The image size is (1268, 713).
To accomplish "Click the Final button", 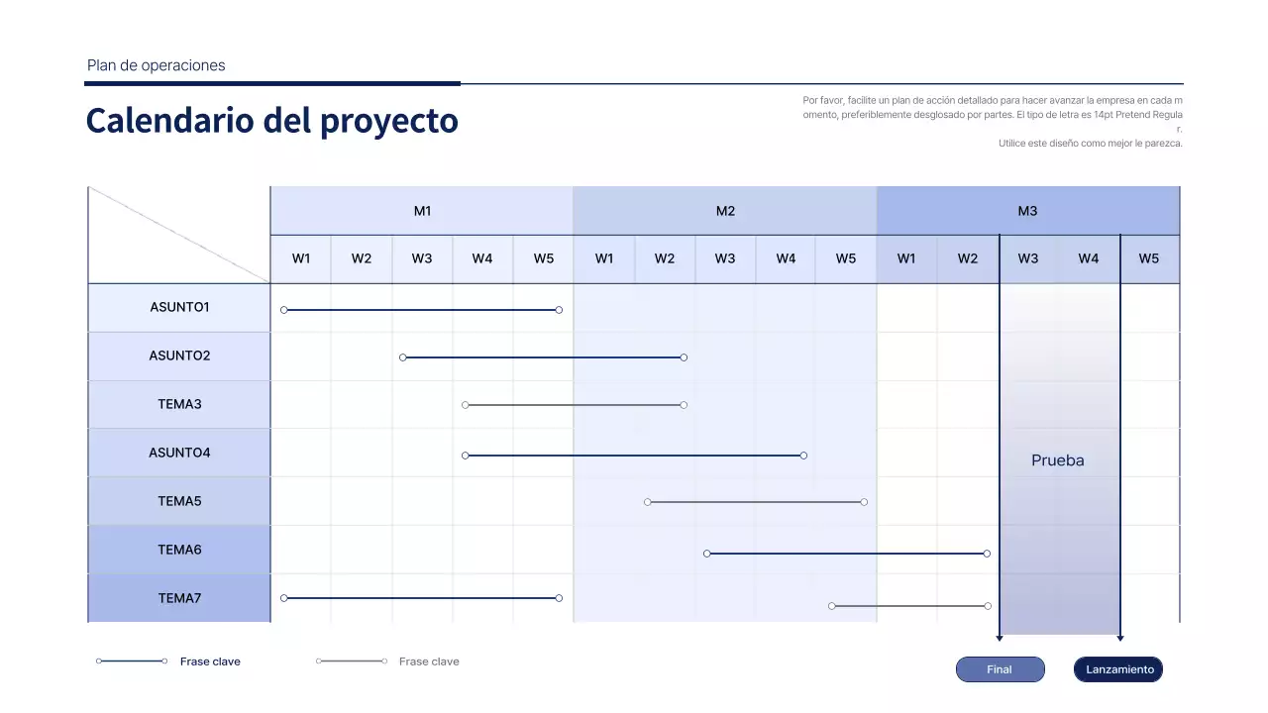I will click(x=1000, y=669).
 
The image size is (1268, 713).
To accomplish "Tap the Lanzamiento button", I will click(x=1118, y=669).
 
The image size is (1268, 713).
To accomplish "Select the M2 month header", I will click(x=725, y=211).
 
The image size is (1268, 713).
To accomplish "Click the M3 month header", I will click(x=1028, y=211).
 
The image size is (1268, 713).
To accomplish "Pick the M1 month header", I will click(x=422, y=211).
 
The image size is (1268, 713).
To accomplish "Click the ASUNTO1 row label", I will click(x=179, y=307).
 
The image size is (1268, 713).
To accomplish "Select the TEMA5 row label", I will click(x=179, y=501).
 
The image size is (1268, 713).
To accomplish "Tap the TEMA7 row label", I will click(x=179, y=598).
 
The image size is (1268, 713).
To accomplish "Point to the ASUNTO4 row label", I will click(x=179, y=453).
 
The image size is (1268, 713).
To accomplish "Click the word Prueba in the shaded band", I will click(x=1058, y=460).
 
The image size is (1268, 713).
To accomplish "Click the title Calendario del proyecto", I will click(x=272, y=121).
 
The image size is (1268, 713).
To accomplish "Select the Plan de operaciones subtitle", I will click(x=157, y=65).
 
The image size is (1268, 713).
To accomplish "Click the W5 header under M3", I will click(x=1149, y=258).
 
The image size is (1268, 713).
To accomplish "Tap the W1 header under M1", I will click(x=301, y=258).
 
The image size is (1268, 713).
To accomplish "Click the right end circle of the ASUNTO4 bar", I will click(x=803, y=456).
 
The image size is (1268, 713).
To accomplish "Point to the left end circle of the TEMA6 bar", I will click(x=707, y=554).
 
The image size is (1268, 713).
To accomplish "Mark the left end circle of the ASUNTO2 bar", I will click(x=403, y=357).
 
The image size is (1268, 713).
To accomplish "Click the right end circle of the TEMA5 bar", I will click(x=864, y=502).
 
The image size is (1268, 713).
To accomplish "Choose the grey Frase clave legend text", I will click(x=429, y=662).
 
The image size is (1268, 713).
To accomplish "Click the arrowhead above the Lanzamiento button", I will click(x=1120, y=638).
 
